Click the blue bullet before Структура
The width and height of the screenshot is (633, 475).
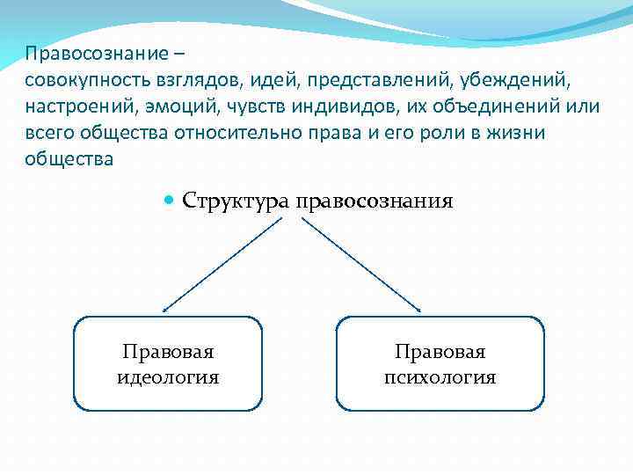[x=170, y=201]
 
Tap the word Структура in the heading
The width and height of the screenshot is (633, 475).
[x=236, y=201]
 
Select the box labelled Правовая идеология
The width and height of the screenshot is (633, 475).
[x=168, y=364]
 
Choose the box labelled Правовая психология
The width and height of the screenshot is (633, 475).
[x=440, y=364]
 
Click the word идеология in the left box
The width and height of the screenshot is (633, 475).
[x=168, y=378]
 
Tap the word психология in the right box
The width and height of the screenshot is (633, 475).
[x=440, y=378]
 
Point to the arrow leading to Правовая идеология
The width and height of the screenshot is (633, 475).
[x=223, y=265]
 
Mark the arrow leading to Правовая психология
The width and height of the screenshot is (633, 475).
[x=362, y=265]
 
